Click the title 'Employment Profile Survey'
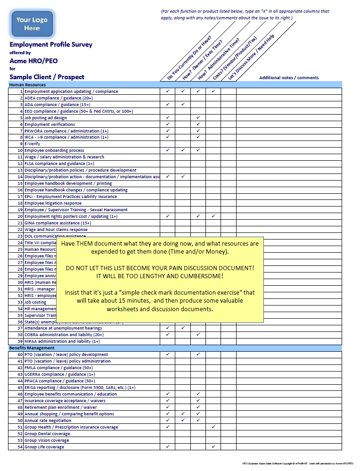(x=51, y=45)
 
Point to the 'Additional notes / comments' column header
(x=289, y=78)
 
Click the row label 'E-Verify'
(x=33, y=144)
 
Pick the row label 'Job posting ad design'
(x=46, y=117)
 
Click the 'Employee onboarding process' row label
(x=54, y=150)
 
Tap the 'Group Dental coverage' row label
(x=47, y=434)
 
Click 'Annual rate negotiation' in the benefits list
(x=49, y=421)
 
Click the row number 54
(x=20, y=447)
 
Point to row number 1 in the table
(x=21, y=91)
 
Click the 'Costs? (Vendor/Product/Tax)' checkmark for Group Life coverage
(x=213, y=447)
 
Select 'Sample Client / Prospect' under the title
(x=47, y=77)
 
